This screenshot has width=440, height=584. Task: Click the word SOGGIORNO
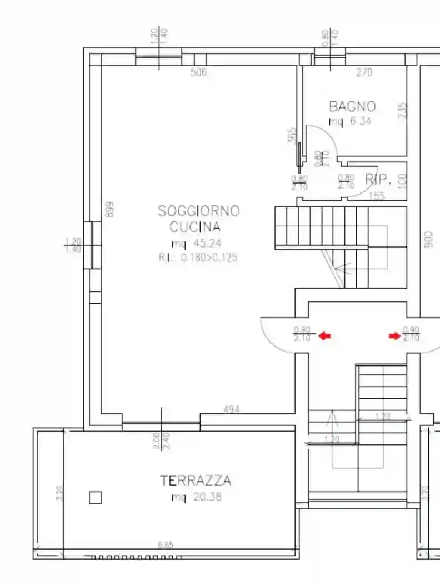coord(199,211)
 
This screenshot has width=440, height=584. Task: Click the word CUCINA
coord(195,227)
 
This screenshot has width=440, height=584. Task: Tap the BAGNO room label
coord(352,106)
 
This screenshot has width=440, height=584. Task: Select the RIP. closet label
coord(378,179)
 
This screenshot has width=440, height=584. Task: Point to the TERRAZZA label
coord(196,481)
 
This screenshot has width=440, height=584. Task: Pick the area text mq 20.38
coord(196,497)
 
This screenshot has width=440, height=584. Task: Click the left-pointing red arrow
coord(325,336)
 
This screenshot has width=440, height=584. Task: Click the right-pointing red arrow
coord(394,336)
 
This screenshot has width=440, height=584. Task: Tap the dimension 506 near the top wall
coord(198,72)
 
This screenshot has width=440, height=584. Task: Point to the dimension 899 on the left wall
coord(110,209)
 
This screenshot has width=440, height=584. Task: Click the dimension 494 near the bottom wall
coord(232,410)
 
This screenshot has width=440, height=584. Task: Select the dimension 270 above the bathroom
coord(364,72)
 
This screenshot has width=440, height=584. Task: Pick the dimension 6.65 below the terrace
coord(165,545)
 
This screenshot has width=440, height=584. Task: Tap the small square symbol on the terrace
coord(96,498)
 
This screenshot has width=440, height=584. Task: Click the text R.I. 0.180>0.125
coord(198,257)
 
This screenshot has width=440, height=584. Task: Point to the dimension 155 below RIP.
coord(377,195)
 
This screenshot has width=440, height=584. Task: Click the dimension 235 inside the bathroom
coord(403,110)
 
